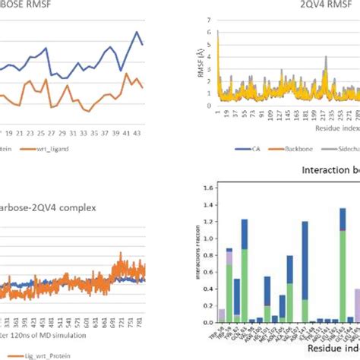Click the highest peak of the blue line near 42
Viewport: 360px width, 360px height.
point(137,32)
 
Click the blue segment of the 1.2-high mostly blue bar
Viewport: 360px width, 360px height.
point(305,258)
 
